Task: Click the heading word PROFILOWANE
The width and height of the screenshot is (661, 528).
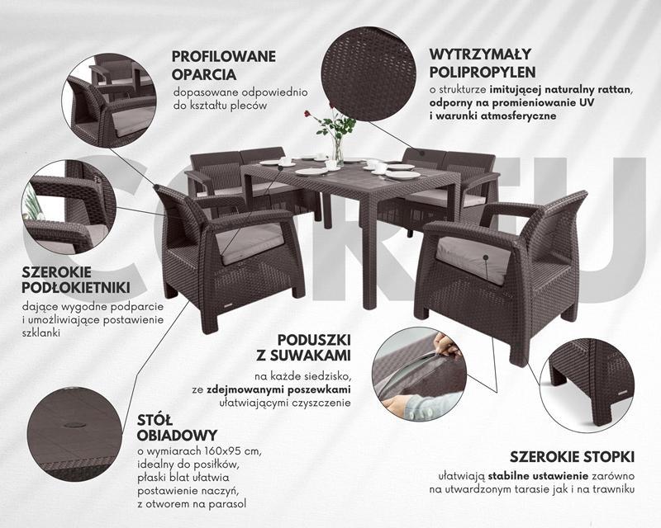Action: tap(223, 56)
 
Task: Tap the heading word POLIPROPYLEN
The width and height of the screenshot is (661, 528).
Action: tap(483, 72)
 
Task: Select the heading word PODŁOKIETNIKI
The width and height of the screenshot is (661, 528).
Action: tap(76, 288)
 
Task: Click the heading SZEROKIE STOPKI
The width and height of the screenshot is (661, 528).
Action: tap(572, 457)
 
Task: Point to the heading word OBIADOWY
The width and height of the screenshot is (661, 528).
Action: tap(178, 435)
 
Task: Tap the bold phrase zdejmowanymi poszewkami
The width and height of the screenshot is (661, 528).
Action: tap(278, 389)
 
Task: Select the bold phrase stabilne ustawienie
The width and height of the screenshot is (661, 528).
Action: tap(539, 476)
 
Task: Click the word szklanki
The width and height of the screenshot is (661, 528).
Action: tap(40, 332)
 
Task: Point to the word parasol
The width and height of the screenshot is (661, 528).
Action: tap(231, 504)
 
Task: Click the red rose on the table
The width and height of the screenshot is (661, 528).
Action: tap(307, 113)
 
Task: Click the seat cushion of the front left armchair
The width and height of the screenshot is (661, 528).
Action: tap(250, 242)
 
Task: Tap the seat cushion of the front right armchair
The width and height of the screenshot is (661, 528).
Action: tap(473, 257)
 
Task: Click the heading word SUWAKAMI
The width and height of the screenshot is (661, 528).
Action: tap(304, 355)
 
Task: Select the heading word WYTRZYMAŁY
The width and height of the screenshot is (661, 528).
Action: tap(481, 54)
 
